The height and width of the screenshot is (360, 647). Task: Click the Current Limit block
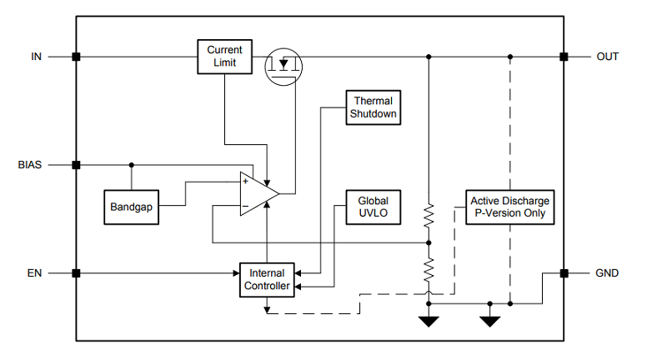click(x=224, y=57)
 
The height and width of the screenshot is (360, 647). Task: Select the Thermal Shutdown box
click(x=373, y=107)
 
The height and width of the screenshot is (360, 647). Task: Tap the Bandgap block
click(x=131, y=207)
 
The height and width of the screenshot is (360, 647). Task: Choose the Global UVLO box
click(x=373, y=207)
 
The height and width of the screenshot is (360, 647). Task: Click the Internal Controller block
click(x=267, y=280)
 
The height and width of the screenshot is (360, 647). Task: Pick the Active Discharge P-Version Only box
click(x=510, y=207)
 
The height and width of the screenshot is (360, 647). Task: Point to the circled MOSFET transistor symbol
click(x=283, y=67)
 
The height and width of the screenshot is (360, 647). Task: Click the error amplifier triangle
click(x=259, y=193)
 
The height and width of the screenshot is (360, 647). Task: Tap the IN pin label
click(x=37, y=57)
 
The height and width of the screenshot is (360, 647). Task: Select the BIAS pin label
click(x=30, y=165)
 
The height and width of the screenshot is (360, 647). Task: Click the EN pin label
click(x=35, y=273)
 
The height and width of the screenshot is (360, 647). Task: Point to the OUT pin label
click(x=607, y=57)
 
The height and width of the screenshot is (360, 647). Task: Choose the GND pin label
click(x=607, y=273)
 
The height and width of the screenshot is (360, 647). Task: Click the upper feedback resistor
click(x=429, y=215)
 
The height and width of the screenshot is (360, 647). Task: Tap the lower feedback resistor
click(x=429, y=270)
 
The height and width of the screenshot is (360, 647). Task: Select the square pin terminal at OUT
click(x=564, y=57)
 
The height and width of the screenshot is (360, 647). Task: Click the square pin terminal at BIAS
click(x=76, y=165)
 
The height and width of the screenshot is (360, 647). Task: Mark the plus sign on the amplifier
click(x=245, y=181)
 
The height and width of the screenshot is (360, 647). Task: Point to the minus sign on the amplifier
click(x=245, y=206)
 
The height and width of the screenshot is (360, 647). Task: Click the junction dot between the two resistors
click(x=429, y=242)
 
